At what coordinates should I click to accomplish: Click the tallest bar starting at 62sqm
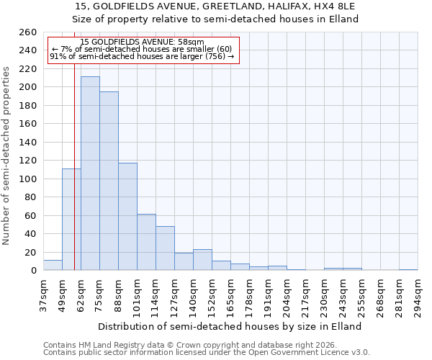click(90, 174)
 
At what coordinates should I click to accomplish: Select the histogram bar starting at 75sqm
click(109, 181)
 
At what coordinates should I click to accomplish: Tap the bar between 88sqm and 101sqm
click(127, 217)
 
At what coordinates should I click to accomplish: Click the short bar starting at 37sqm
click(53, 265)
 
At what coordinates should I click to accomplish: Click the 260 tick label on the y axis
click(27, 32)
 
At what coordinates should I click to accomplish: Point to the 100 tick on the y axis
click(27, 179)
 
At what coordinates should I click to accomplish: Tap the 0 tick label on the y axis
click(33, 271)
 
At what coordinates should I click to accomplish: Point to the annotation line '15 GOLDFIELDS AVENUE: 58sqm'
click(142, 42)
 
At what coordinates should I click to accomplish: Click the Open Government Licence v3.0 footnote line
click(207, 353)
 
